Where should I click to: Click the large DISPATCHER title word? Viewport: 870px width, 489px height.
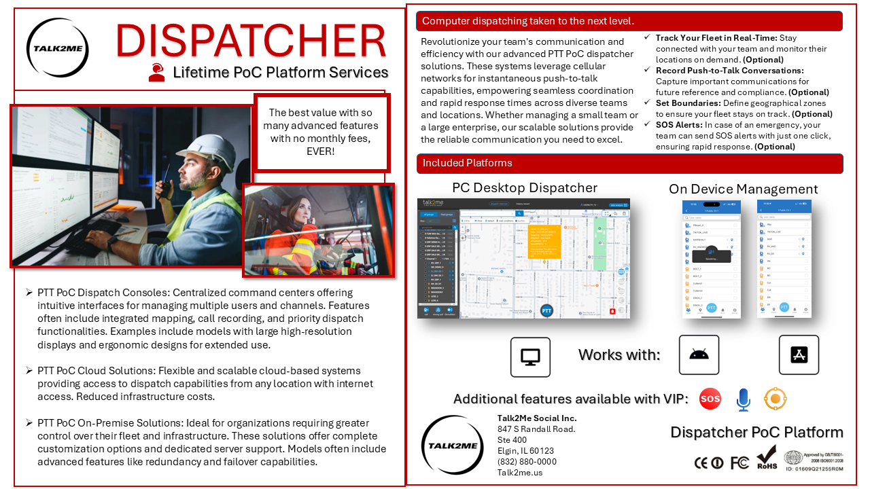(251, 41)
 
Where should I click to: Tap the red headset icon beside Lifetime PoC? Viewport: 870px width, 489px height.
(157, 72)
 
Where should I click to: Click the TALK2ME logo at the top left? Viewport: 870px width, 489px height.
(57, 48)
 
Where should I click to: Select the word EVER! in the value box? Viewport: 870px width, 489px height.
(320, 151)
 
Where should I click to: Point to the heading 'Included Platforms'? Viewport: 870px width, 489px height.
(467, 163)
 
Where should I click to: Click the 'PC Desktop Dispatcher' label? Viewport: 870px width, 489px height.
(524, 188)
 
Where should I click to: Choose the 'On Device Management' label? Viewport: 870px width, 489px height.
(743, 189)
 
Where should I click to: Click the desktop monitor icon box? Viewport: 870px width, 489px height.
(530, 357)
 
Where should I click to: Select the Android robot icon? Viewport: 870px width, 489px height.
(699, 355)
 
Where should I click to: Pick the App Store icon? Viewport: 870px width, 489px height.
(799, 355)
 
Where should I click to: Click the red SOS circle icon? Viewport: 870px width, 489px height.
(710, 399)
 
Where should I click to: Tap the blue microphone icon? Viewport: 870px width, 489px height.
(743, 400)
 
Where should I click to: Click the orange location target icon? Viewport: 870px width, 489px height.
(774, 399)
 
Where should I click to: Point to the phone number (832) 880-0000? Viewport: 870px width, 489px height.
(527, 462)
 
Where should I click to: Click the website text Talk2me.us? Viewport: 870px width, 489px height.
(520, 473)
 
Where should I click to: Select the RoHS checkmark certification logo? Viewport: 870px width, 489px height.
(766, 457)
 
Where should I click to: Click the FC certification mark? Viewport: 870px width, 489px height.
(739, 463)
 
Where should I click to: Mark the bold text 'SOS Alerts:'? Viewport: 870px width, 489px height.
(679, 125)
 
